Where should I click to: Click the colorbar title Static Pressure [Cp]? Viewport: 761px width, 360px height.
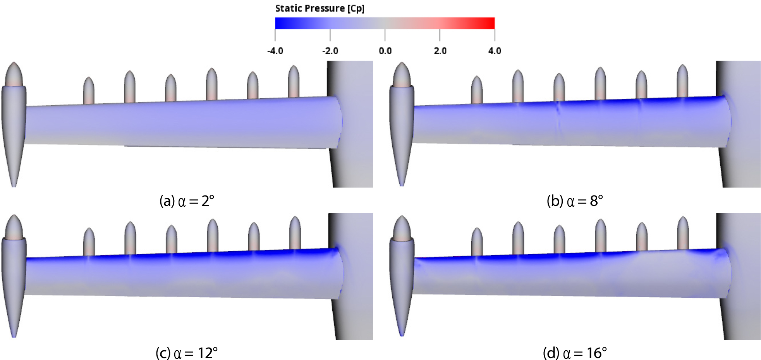click(x=320, y=9)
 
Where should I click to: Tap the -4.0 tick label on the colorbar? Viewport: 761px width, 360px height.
click(x=275, y=51)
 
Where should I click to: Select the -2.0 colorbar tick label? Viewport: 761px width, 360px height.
click(x=330, y=51)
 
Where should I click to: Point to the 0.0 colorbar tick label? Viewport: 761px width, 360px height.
click(x=385, y=51)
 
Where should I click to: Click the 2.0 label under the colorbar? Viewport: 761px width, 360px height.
click(x=440, y=51)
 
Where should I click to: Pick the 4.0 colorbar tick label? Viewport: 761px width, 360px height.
click(x=495, y=51)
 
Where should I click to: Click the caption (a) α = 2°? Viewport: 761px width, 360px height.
click(x=187, y=201)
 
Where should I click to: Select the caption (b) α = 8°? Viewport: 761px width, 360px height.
click(x=575, y=201)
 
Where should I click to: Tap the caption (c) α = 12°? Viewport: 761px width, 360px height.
click(x=187, y=353)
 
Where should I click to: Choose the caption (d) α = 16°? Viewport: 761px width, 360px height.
click(x=575, y=353)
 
